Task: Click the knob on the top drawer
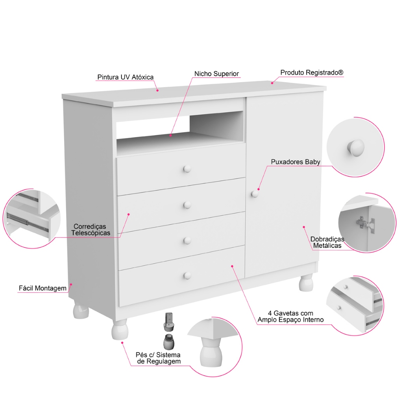[x=187, y=169]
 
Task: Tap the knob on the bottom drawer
[x=187, y=275]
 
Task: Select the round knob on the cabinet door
[x=255, y=194]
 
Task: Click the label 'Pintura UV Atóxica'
[x=126, y=77]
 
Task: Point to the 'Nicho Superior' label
[x=216, y=74]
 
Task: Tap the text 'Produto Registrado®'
[x=312, y=73]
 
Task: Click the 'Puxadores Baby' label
[x=295, y=162]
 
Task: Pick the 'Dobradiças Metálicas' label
[x=327, y=242]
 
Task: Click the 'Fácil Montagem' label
[x=43, y=288]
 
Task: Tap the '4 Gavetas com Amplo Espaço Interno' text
[x=290, y=316]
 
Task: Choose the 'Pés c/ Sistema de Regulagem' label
[x=158, y=358]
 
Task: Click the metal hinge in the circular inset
[x=364, y=223]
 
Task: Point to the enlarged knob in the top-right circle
[x=355, y=148]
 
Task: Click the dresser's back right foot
[x=306, y=283]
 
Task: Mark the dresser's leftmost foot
[x=81, y=310]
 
